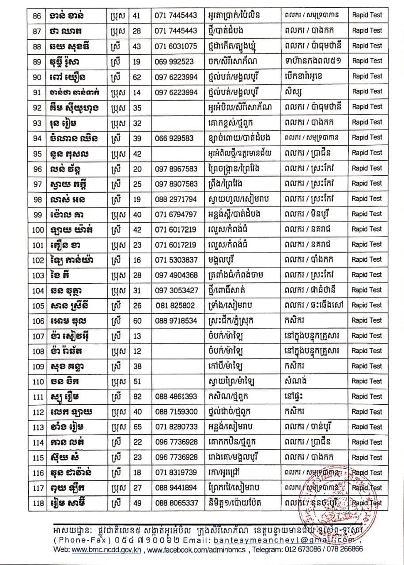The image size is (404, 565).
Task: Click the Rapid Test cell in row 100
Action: tap(367, 229)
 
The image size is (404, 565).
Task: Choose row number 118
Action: tap(38, 503)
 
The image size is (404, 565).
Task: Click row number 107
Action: tap(38, 336)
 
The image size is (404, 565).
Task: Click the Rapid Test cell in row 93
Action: tap(367, 122)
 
